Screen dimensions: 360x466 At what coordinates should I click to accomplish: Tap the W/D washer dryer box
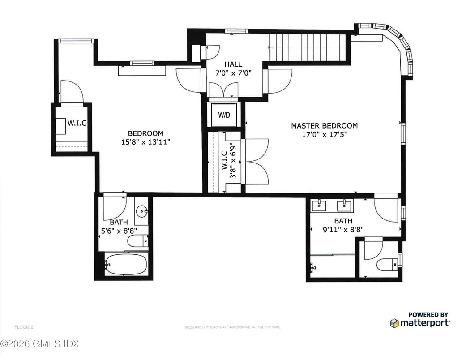coord(224,115)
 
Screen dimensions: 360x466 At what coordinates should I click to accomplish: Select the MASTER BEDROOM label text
coord(324,126)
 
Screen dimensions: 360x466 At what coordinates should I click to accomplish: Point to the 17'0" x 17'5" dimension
coord(325,134)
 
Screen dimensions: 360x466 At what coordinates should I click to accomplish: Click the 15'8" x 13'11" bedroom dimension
coord(145,141)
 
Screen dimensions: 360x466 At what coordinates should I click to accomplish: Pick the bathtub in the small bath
coord(126,265)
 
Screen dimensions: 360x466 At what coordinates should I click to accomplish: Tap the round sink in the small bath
coord(142,210)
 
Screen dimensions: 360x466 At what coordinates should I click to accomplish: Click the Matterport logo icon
coord(394,323)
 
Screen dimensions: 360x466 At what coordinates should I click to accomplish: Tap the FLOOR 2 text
coord(24,327)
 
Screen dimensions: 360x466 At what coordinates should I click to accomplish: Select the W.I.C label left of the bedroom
coord(77,122)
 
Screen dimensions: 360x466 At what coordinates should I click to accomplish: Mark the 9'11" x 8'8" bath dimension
coord(343,229)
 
